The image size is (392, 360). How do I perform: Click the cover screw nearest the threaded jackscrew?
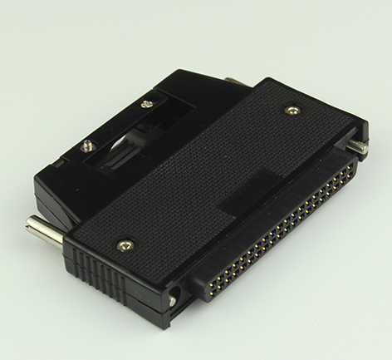[x=291, y=109]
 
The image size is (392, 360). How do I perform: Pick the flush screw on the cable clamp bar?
[x=147, y=104]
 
